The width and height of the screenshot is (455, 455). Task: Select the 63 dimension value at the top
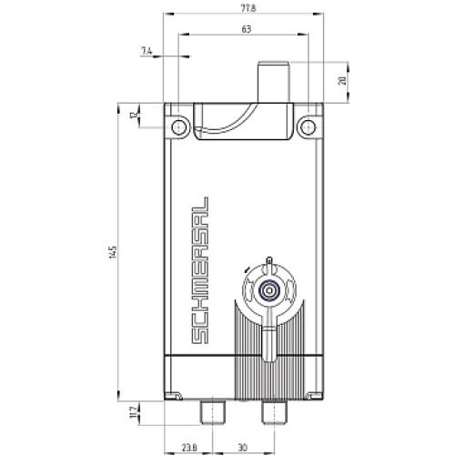pyautogui.click(x=245, y=29)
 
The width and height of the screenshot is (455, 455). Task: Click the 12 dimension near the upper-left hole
pyautogui.click(x=134, y=116)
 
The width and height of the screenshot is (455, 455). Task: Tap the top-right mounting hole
pyautogui.click(x=309, y=124)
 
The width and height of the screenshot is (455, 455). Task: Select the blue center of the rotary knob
pyautogui.click(x=268, y=292)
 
